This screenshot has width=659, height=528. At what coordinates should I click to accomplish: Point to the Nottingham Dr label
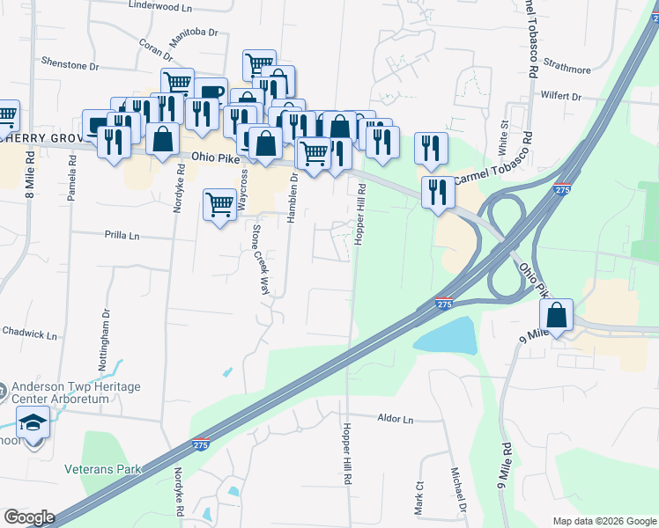pyautogui.click(x=106, y=325)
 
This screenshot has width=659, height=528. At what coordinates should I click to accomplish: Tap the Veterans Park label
pyautogui.click(x=102, y=469)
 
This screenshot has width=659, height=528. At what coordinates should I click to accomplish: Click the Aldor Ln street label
pyautogui.click(x=395, y=420)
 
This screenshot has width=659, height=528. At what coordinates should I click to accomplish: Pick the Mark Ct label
pyautogui.click(x=419, y=497)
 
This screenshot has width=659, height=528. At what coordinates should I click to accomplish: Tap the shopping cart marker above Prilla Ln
pyautogui.click(x=219, y=206)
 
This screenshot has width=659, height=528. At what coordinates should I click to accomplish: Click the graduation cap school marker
pyautogui.click(x=33, y=423)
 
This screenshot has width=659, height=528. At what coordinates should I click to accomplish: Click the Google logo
pyautogui.click(x=29, y=517)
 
